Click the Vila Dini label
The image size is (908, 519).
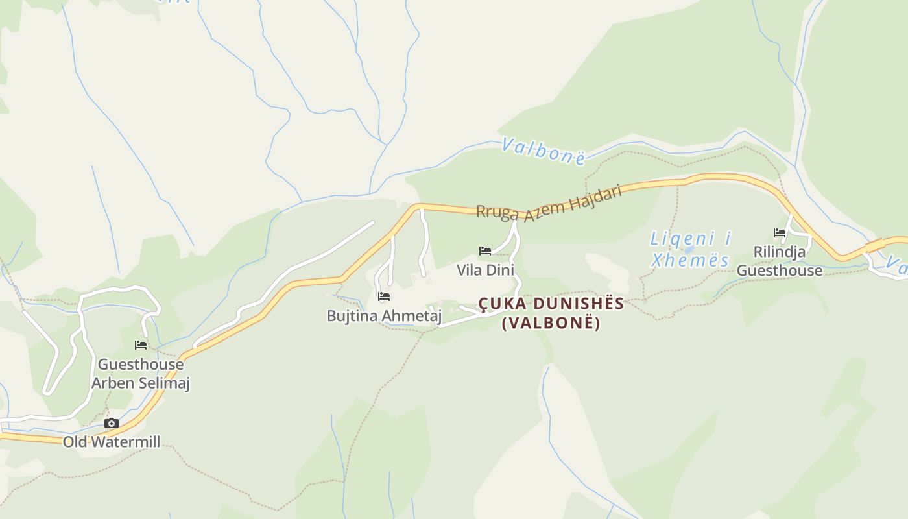click(485, 269)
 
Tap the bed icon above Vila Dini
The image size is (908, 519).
click(484, 251)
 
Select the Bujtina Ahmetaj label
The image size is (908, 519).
click(384, 316)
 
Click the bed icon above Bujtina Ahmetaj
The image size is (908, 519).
click(383, 296)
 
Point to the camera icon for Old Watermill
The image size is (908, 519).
click(112, 423)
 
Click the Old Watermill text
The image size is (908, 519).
click(112, 442)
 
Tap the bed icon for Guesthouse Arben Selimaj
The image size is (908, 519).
click(140, 345)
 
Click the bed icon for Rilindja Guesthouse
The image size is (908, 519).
click(779, 233)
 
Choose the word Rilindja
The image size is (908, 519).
click(779, 252)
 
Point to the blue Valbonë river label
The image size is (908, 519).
click(544, 151)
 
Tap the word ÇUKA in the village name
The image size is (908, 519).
click(500, 304)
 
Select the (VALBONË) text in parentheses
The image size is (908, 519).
click(551, 322)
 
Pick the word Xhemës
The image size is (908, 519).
click(690, 261)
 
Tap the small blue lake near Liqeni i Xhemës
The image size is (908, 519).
click(689, 249)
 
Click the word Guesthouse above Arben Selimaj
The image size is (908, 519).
click(141, 364)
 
